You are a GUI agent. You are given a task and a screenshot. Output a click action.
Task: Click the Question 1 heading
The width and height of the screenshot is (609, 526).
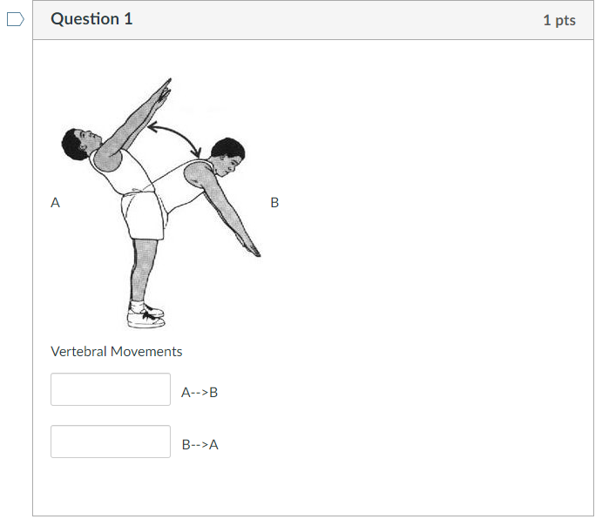click(x=91, y=19)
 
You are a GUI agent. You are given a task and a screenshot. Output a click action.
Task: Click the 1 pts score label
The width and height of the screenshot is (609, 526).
click(x=558, y=20)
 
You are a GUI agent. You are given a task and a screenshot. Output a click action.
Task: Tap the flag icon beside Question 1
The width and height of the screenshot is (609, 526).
click(x=15, y=20)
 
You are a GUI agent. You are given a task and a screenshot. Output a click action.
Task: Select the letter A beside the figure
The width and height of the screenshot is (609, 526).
click(x=56, y=202)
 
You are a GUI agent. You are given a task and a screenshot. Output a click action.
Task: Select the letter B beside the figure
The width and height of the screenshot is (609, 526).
click(x=274, y=202)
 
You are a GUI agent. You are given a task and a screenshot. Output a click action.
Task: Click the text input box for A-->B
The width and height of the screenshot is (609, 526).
click(x=111, y=389)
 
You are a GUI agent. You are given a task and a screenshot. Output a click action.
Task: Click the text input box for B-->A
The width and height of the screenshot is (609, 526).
click(x=111, y=442)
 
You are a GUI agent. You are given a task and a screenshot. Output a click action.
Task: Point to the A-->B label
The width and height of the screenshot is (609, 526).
click(x=200, y=393)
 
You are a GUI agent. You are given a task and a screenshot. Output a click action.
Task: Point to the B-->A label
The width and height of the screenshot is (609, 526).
click(x=200, y=445)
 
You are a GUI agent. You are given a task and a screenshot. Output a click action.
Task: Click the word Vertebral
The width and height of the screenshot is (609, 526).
click(x=78, y=352)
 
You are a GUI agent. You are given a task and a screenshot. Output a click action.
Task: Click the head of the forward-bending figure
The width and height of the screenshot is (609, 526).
click(x=227, y=154)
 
